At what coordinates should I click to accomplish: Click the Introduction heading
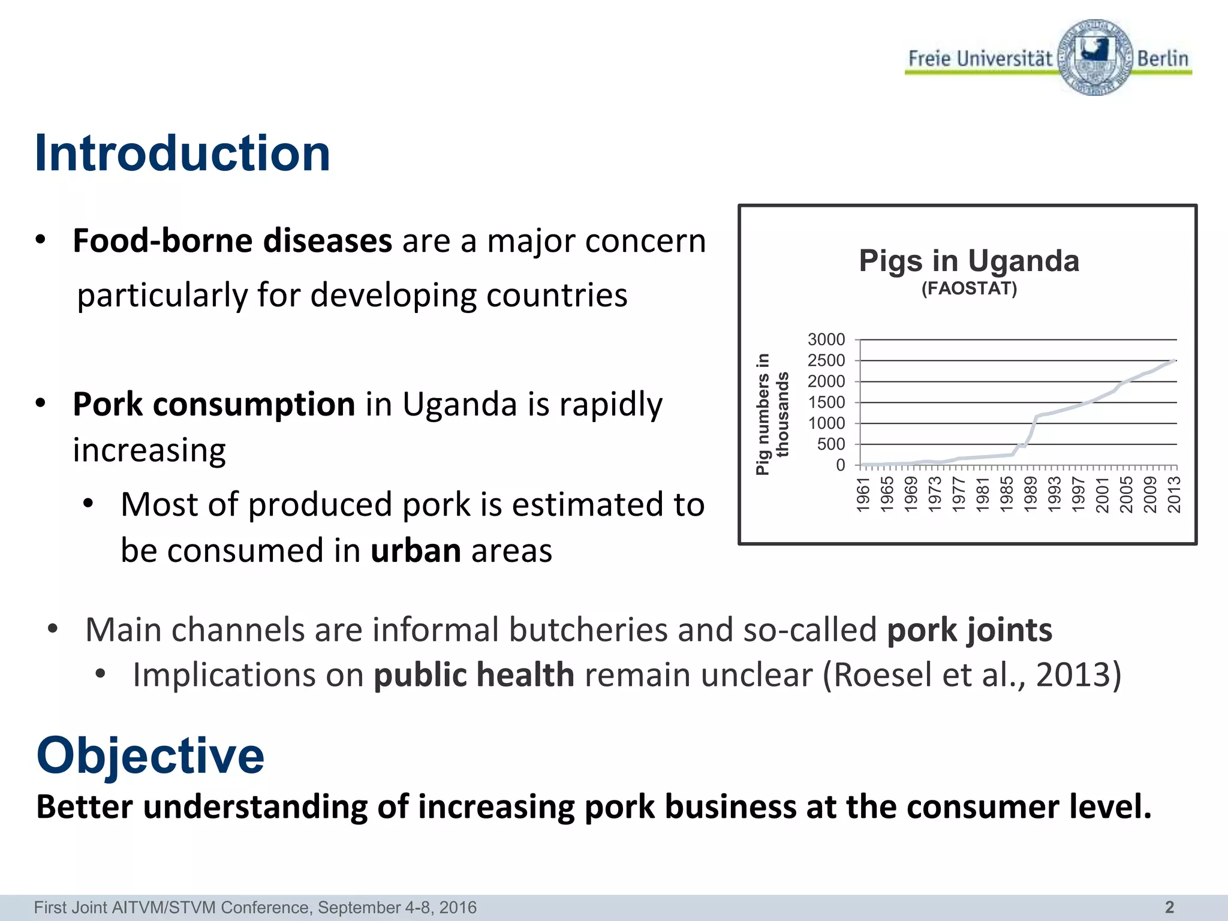click(x=182, y=153)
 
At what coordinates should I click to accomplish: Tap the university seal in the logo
click(x=1095, y=57)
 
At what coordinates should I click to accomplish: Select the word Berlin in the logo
click(x=1163, y=59)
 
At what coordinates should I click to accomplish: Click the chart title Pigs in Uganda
click(x=969, y=261)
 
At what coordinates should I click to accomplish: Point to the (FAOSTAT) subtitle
click(x=969, y=289)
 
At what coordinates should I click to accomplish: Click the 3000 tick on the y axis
click(x=826, y=340)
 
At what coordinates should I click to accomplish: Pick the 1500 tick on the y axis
click(x=826, y=402)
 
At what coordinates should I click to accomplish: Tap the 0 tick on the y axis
click(x=840, y=465)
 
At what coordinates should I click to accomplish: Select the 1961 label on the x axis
click(x=863, y=495)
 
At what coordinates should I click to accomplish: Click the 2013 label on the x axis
click(x=1174, y=495)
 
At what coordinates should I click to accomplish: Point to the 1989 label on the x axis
click(x=1031, y=495)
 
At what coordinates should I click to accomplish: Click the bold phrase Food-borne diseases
click(x=232, y=241)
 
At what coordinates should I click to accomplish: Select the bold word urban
click(x=416, y=551)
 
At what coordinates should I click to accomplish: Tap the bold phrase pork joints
click(x=969, y=630)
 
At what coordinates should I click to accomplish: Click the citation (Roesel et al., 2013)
click(x=971, y=675)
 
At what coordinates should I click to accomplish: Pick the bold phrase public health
click(x=474, y=675)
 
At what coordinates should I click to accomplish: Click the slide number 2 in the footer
click(x=1169, y=907)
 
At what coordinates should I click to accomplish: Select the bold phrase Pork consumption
click(x=214, y=404)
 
